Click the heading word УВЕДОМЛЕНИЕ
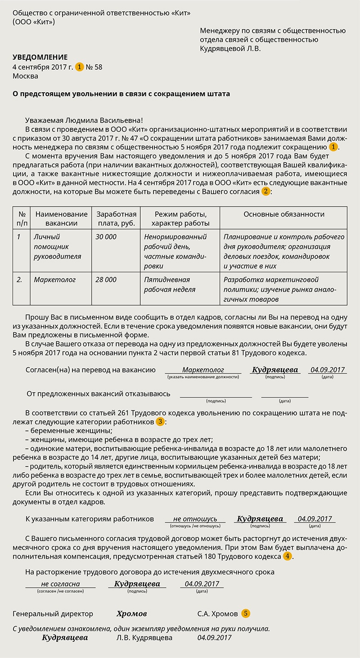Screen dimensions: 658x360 tap(40, 57)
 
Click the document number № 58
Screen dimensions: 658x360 tap(94, 67)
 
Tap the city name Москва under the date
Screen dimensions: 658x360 tap(25, 76)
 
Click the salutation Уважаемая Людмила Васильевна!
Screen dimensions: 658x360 tap(84, 120)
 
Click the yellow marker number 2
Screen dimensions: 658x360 tap(265, 191)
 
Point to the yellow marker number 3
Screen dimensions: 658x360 tap(160, 422)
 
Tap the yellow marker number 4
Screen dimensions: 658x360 tap(287, 556)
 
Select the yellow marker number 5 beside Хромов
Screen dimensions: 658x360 tap(245, 613)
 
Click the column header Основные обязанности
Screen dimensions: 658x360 tap(284, 214)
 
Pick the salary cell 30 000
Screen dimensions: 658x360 tap(106, 237)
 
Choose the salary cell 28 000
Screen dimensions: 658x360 tap(106, 280)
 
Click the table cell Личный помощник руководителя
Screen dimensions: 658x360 tap(57, 246)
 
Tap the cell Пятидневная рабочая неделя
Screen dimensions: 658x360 tap(167, 285)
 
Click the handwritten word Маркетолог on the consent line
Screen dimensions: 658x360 tap(203, 370)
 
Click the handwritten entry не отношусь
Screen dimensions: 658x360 tap(195, 519)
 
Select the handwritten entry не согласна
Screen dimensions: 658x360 tap(60, 584)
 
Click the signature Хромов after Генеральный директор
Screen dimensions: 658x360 tap(131, 614)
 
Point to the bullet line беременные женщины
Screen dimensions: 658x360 tap(69, 431)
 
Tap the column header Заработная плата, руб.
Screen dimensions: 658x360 tap(116, 219)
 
